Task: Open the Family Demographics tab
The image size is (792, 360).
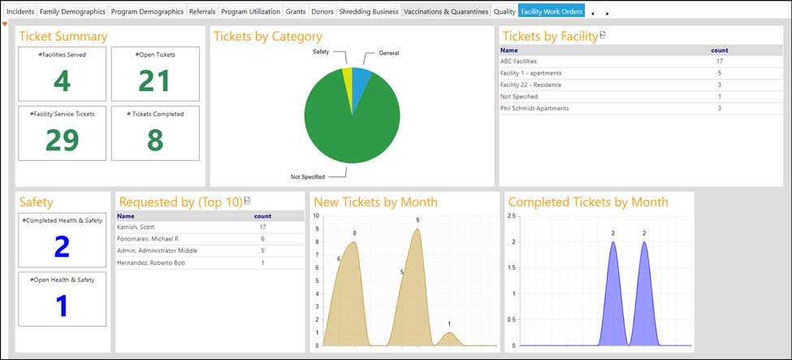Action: pyautogui.click(x=73, y=11)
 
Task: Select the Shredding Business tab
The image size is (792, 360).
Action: pyautogui.click(x=369, y=11)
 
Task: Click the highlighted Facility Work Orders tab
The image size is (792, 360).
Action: pyautogui.click(x=552, y=11)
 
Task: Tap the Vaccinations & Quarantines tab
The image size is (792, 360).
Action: pyautogui.click(x=446, y=11)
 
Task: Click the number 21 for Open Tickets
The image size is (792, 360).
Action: pyautogui.click(x=154, y=81)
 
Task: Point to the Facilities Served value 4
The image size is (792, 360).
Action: pyautogui.click(x=62, y=81)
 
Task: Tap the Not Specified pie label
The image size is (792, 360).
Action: pyautogui.click(x=308, y=177)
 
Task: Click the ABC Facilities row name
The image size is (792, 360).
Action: pyautogui.click(x=518, y=61)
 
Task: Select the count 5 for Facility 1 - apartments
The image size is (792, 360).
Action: pyautogui.click(x=719, y=73)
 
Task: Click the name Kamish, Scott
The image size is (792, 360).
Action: pyautogui.click(x=135, y=227)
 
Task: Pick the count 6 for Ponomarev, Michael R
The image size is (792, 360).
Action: pyautogui.click(x=262, y=239)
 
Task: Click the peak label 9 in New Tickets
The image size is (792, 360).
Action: pyautogui.click(x=418, y=220)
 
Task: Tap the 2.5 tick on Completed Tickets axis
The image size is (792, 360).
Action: pyautogui.click(x=511, y=216)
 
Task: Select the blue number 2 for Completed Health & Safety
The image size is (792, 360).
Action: pyautogui.click(x=62, y=247)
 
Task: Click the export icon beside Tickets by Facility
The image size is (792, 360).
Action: pyautogui.click(x=603, y=36)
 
